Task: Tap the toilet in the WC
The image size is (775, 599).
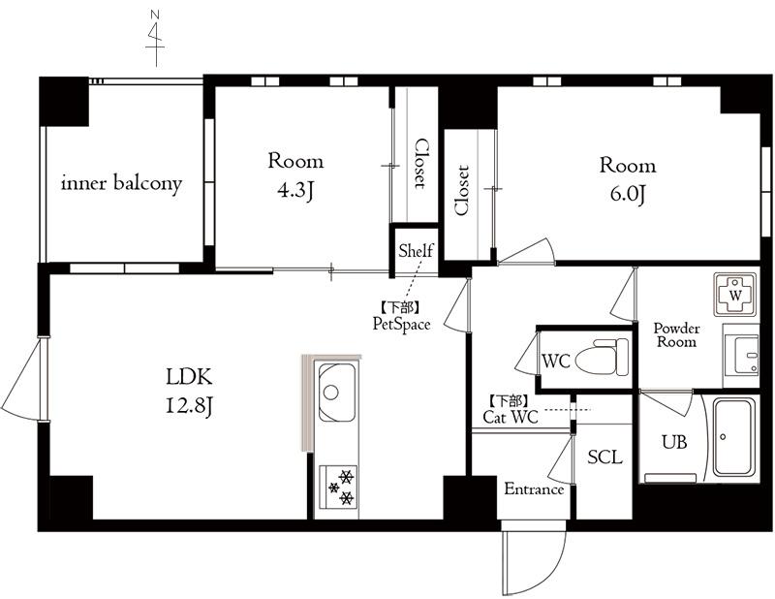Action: click(602, 356)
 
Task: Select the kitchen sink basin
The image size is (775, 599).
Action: click(336, 392)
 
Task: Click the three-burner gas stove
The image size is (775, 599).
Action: click(338, 486)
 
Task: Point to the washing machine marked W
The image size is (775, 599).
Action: click(735, 296)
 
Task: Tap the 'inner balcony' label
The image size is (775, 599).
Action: click(122, 183)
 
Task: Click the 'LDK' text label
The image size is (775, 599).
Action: click(189, 377)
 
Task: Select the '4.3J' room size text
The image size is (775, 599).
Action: click(295, 190)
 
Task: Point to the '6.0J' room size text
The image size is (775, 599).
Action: click(628, 195)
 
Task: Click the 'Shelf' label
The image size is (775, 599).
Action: click(416, 251)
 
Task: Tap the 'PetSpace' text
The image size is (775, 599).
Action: click(401, 324)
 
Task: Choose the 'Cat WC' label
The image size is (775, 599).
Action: click(511, 418)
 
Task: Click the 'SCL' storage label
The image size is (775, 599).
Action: click(604, 457)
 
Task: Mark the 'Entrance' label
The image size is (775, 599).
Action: click(534, 489)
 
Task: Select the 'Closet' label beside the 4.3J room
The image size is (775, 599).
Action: click(420, 163)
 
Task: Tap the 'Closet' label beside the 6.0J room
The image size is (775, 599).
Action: click(461, 190)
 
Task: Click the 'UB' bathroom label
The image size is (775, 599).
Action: click(674, 441)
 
